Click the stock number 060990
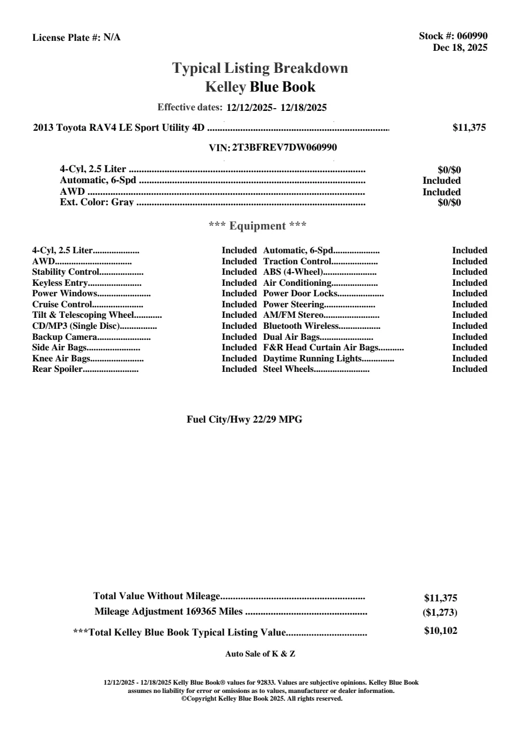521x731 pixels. coord(472,36)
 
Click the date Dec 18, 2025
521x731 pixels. coord(460,47)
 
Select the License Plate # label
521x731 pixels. coord(67,38)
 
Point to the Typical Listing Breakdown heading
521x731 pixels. coord(260,68)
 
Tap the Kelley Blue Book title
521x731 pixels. coord(260,87)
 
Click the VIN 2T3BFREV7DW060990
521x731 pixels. coord(284,147)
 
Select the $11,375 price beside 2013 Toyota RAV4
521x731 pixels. coord(469,127)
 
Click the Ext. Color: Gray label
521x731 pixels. coord(96,202)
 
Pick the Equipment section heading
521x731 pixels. coord(257,226)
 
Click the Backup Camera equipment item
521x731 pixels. coord(65,337)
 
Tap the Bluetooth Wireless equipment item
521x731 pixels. coord(300,326)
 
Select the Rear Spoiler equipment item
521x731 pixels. coord(57,369)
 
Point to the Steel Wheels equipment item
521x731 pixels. coord(288,369)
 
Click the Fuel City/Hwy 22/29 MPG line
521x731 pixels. coord(244,419)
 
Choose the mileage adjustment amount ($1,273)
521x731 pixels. coord(436,612)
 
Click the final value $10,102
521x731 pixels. coord(441,631)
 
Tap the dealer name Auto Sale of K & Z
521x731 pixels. coord(260,654)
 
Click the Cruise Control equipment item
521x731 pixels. coord(62,305)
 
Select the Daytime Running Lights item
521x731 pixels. coord(312,359)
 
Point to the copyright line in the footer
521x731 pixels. coord(262,698)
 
